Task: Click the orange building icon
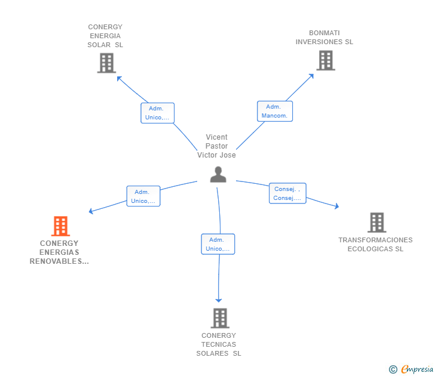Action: click(60, 226)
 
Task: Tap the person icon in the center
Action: click(218, 174)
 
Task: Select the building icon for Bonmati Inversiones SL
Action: click(326, 60)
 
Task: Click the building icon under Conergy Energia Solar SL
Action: click(106, 63)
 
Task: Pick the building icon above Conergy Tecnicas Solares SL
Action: click(220, 318)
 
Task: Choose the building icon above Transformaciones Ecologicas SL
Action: click(376, 223)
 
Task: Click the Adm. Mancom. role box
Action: click(275, 111)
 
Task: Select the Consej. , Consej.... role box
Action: click(287, 193)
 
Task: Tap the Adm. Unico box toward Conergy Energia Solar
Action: click(157, 113)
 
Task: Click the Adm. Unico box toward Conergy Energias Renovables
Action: click(143, 196)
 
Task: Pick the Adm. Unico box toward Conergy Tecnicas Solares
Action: click(217, 244)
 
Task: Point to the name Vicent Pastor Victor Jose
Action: click(216, 146)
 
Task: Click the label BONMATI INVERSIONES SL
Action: click(324, 38)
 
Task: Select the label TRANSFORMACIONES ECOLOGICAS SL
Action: click(375, 244)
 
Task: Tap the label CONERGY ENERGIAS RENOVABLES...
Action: click(59, 252)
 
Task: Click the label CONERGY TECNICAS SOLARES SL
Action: click(219, 344)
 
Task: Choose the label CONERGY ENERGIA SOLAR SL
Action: click(105, 36)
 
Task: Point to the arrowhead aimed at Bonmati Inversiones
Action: click(311, 76)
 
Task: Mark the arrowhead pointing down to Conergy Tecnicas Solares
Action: click(219, 300)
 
